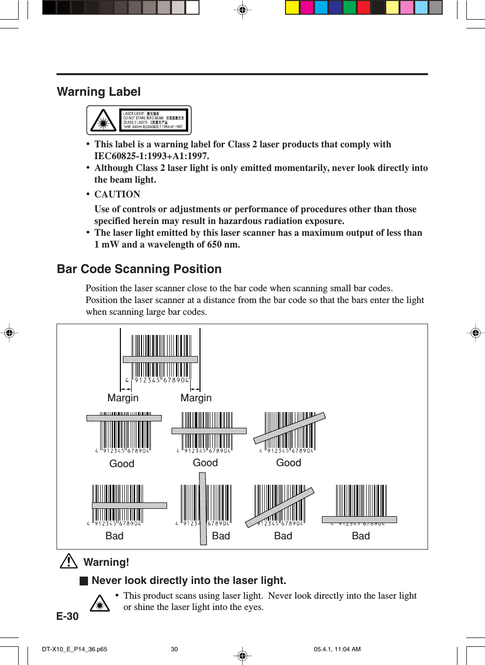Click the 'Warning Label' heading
pyautogui.click(x=99, y=92)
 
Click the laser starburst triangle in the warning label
pyautogui.click(x=103, y=121)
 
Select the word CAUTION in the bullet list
pyautogui.click(x=117, y=194)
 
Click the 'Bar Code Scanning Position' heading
pyautogui.click(x=139, y=269)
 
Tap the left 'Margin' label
pyautogui.click(x=123, y=398)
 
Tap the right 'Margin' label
pyautogui.click(x=196, y=398)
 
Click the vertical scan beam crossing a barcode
pyautogui.click(x=203, y=508)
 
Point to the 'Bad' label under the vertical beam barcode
pyautogui.click(x=221, y=536)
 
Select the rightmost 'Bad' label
pyautogui.click(x=361, y=536)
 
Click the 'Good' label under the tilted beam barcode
pyautogui.click(x=288, y=463)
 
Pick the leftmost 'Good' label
pyautogui.click(x=121, y=464)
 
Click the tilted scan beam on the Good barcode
pyautogui.click(x=289, y=428)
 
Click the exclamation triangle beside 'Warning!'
pyautogui.click(x=69, y=561)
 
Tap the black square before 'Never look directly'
pyautogui.click(x=84, y=581)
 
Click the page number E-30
pyautogui.click(x=67, y=616)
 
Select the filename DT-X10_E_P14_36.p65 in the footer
pyautogui.click(x=74, y=649)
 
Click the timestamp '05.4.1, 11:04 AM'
pyautogui.click(x=337, y=649)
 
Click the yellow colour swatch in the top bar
pyautogui.click(x=292, y=7)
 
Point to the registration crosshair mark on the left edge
pyautogui.click(x=9, y=333)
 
